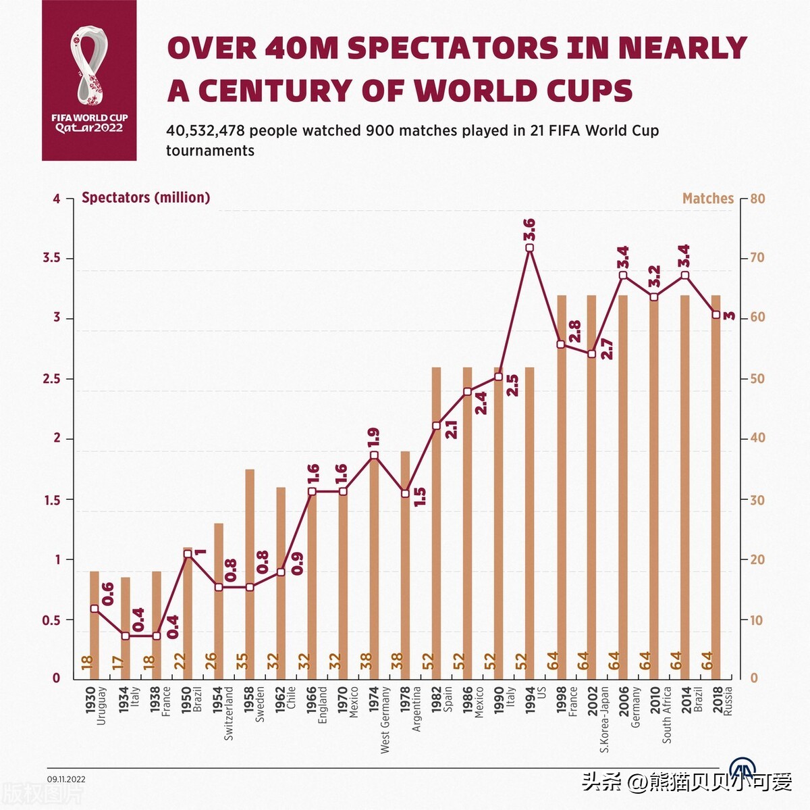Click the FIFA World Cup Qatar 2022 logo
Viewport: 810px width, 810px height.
coord(89,80)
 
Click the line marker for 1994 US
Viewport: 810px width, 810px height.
coord(529,248)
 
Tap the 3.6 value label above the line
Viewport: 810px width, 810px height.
coord(529,230)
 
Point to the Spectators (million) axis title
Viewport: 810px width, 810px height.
coord(146,198)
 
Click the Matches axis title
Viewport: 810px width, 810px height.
coord(707,199)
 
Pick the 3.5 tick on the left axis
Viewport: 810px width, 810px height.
coord(51,258)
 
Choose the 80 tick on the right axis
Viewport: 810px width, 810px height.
coord(757,199)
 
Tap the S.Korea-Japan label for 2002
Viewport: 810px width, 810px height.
coord(604,720)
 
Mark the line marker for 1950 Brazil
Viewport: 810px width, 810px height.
coord(188,554)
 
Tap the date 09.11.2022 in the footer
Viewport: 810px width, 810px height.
coord(66,779)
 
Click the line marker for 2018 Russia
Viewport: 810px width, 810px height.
coord(715,315)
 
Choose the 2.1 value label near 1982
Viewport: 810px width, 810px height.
coord(451,430)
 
